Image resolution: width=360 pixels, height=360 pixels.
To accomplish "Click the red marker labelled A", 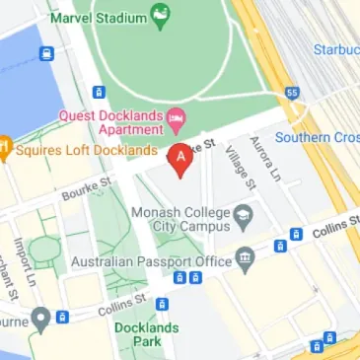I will click(180, 158).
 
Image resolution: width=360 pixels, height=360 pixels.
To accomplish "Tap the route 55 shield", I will click(291, 92).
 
